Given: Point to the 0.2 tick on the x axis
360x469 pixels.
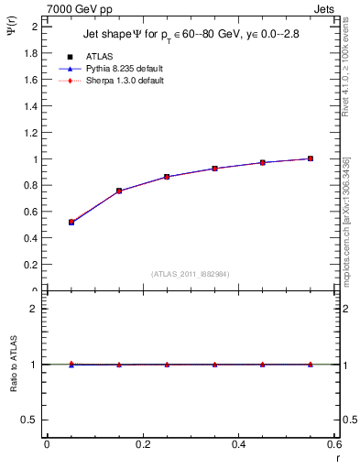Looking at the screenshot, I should [142, 444].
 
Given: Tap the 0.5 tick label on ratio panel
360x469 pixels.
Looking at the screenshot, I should [32, 420].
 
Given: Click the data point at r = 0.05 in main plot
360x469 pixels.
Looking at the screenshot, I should [71, 223].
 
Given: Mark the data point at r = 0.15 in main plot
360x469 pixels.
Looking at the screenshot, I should [119, 191].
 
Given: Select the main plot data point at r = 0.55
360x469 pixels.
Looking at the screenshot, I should [311, 158].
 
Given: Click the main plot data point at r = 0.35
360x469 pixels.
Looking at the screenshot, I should [214, 169].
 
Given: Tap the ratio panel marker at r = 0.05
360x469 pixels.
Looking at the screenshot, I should [71, 364].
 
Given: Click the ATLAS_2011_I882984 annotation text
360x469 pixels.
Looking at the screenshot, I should [190, 274].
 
